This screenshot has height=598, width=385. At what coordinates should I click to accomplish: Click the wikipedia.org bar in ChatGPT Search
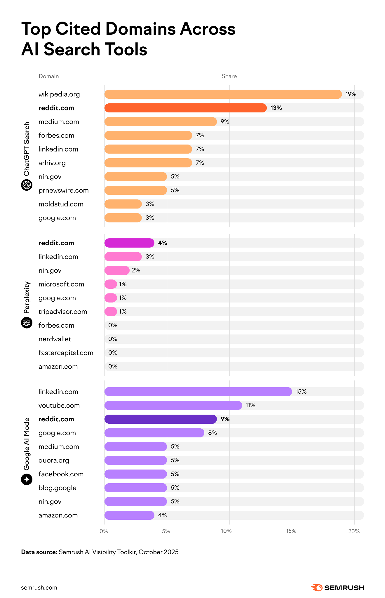(223, 94)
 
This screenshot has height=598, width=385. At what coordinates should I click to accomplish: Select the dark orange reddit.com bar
(185, 108)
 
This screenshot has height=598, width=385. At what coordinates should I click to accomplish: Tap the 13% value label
(276, 108)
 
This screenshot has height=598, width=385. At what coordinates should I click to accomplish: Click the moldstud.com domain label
(61, 204)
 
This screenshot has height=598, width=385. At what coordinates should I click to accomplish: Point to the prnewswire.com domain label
(63, 190)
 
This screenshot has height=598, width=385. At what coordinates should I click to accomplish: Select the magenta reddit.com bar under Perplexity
(129, 243)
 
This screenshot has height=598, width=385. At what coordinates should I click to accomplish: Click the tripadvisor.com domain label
(62, 312)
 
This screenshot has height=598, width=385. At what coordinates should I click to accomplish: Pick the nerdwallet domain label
(55, 339)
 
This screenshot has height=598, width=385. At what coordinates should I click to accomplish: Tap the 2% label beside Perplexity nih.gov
(136, 270)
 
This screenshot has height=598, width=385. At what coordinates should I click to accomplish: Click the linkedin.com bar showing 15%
(198, 392)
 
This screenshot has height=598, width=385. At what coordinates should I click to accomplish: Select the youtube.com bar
(173, 405)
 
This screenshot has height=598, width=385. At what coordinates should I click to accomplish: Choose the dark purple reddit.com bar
(161, 419)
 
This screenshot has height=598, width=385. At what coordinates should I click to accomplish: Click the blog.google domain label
(57, 488)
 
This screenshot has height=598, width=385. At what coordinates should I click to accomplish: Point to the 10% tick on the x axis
(226, 531)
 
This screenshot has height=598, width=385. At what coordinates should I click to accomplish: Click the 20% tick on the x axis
(354, 531)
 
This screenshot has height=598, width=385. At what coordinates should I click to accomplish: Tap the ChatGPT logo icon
(27, 185)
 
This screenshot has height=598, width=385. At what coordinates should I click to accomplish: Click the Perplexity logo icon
(27, 323)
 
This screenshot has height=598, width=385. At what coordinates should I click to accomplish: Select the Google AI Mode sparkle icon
(27, 479)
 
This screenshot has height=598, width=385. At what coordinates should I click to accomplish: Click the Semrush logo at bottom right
(337, 587)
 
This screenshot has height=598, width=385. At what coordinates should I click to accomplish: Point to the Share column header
(229, 76)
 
